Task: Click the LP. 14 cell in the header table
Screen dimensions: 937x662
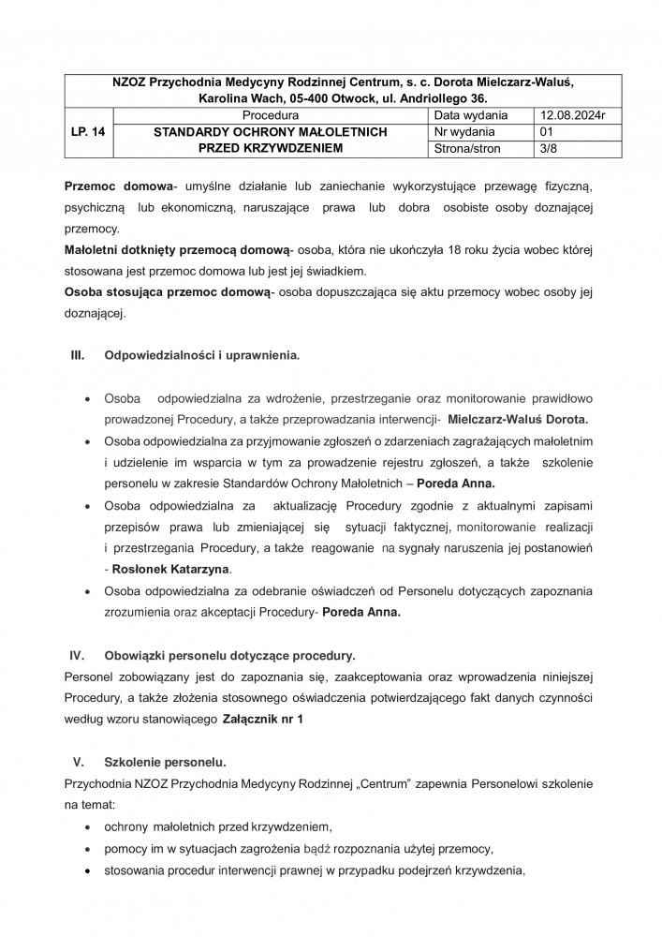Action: click(x=86, y=132)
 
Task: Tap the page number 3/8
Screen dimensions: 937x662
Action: click(x=541, y=148)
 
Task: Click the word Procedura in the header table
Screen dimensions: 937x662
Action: click(x=269, y=115)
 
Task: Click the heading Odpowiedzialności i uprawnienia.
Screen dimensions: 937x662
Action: click(x=202, y=357)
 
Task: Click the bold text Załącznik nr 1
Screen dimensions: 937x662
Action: click(x=263, y=719)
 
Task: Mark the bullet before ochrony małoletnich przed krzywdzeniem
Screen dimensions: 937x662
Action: click(x=87, y=827)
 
